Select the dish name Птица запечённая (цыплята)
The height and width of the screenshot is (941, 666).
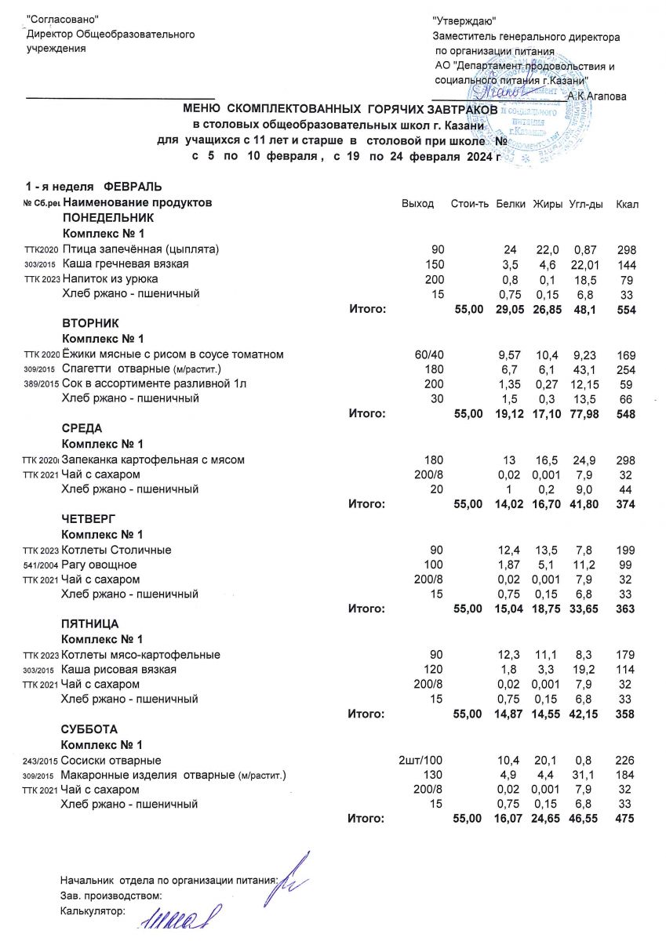(140, 249)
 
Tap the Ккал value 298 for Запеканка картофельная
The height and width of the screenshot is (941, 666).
(625, 460)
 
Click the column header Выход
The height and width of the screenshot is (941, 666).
(417, 204)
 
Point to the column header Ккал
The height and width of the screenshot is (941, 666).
(628, 204)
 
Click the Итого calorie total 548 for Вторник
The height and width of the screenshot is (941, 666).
(625, 414)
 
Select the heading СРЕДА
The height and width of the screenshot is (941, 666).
(82, 428)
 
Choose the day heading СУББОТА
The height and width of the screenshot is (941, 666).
(89, 729)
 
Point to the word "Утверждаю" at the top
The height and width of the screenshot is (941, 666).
(464, 22)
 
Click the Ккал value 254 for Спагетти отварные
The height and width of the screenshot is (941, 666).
(625, 369)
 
